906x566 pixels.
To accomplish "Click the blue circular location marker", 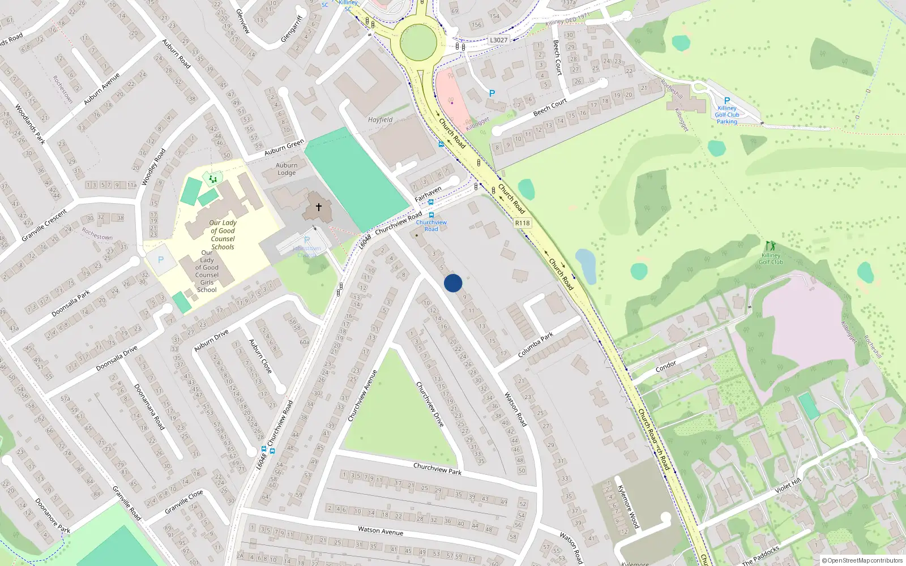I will [453, 283].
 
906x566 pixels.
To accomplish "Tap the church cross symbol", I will [318, 207].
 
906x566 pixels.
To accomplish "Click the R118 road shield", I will [522, 223].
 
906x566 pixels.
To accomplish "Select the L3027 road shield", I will [498, 40].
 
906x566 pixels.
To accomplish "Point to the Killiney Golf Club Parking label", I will [727, 115].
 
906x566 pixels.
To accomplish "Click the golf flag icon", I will [770, 246].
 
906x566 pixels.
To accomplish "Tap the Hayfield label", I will [380, 120].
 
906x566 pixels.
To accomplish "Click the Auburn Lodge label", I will [287, 169].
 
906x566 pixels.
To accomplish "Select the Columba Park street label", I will [536, 345].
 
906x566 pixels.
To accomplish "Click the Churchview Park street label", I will [437, 469].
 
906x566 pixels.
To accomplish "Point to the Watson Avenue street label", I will [381, 530].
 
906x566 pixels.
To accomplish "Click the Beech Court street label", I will [550, 107].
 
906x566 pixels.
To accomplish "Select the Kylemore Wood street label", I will [628, 507].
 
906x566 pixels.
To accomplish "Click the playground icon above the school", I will [213, 179].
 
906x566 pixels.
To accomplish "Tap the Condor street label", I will [666, 367].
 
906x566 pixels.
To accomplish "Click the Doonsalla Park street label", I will [71, 303].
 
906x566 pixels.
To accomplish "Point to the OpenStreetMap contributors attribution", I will [862, 560].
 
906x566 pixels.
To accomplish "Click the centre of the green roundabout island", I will [418, 41].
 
